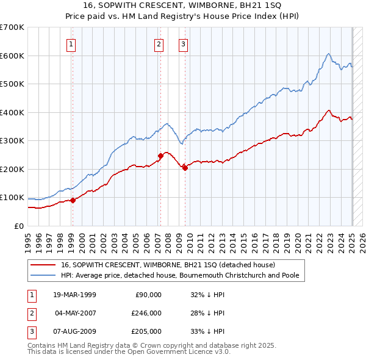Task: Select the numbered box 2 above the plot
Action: [159, 43]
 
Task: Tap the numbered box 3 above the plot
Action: [183, 43]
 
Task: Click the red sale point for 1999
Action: [73, 200]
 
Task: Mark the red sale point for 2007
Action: [160, 156]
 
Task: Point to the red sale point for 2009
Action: [185, 167]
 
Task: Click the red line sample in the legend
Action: [45, 265]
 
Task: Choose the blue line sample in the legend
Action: [45, 275]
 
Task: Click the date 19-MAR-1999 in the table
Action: [75, 295]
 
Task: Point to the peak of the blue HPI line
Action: [328, 54]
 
